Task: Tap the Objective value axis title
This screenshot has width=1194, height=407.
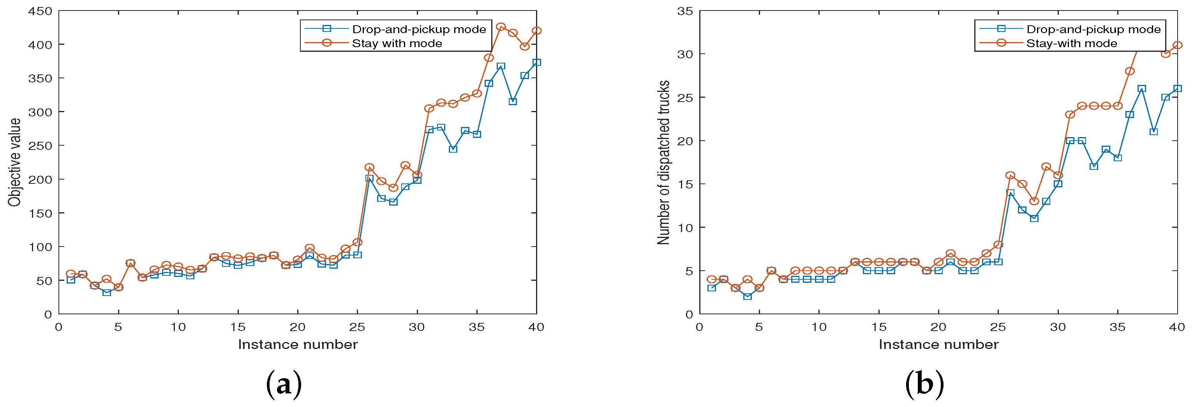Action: coord(14,162)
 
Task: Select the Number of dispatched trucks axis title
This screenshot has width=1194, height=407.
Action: coord(663,162)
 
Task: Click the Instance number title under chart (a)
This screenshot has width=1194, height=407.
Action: coord(298,344)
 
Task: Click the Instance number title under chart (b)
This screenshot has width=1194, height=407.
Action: coord(938,344)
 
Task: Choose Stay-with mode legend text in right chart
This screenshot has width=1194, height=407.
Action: coord(1071,44)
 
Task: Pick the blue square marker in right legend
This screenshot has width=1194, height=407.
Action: coord(1001,29)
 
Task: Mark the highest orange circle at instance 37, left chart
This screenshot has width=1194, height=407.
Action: coord(501,27)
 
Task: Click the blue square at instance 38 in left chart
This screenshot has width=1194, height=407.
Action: coord(513,102)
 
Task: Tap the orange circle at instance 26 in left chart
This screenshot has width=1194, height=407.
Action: coord(369,167)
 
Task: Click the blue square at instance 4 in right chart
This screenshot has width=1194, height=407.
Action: coord(747,297)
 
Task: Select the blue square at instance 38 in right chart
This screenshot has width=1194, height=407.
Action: coord(1153,132)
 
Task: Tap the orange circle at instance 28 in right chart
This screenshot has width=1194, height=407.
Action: coord(1034,201)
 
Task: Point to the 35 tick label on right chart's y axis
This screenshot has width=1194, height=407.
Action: coord(685,11)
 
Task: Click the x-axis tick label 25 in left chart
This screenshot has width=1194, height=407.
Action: coord(357,327)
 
